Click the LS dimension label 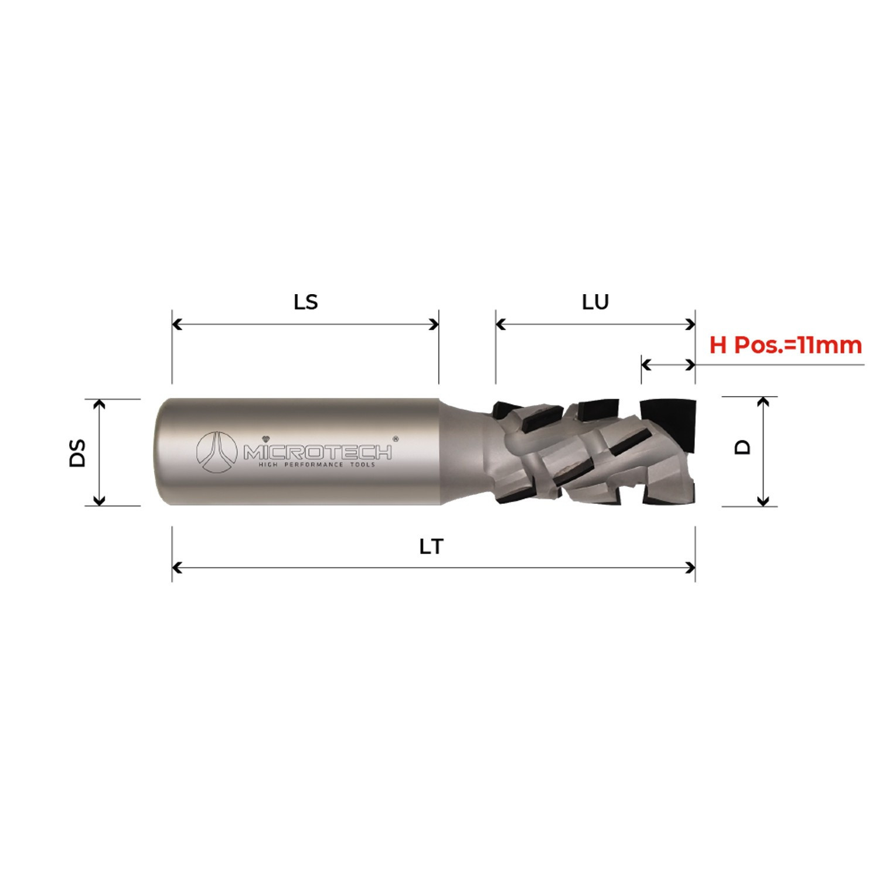305,302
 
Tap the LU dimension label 595,302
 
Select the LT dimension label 431,547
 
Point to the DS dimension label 77,452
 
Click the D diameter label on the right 742,448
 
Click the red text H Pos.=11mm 785,345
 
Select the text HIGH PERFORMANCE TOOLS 317,465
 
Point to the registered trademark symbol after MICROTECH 395,438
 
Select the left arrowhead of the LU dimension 500,324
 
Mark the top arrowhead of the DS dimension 100,404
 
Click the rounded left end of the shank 162,452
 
